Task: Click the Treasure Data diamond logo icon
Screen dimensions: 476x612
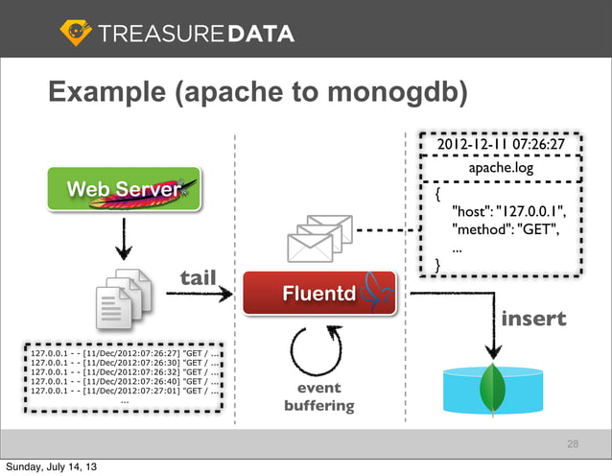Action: (76, 33)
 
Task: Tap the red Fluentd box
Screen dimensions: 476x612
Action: (319, 293)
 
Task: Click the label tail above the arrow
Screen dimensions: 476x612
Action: (199, 278)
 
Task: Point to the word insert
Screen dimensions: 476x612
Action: (533, 318)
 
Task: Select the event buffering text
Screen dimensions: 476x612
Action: (318, 397)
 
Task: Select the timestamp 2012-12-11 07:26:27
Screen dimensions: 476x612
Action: (500, 145)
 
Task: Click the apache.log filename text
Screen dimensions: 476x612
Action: (500, 168)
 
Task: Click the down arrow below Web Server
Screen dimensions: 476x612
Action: (124, 243)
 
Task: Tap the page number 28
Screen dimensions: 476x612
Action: (573, 444)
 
